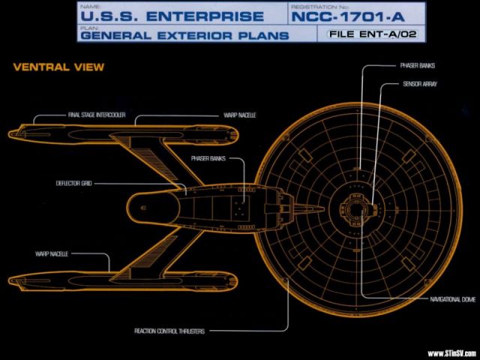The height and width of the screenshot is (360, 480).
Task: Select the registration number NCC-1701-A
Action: [x=346, y=16]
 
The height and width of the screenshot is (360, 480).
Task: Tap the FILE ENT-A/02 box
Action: [x=374, y=33]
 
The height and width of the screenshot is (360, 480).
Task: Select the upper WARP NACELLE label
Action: [x=240, y=116]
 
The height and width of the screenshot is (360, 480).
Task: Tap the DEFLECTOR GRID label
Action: [x=73, y=182]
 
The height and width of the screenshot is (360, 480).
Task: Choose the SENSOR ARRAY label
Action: [x=419, y=85]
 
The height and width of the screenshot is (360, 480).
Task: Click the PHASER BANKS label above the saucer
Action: [x=417, y=66]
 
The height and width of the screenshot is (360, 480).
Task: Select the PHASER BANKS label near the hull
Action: [x=208, y=159]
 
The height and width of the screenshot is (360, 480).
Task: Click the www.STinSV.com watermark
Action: [x=451, y=353]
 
